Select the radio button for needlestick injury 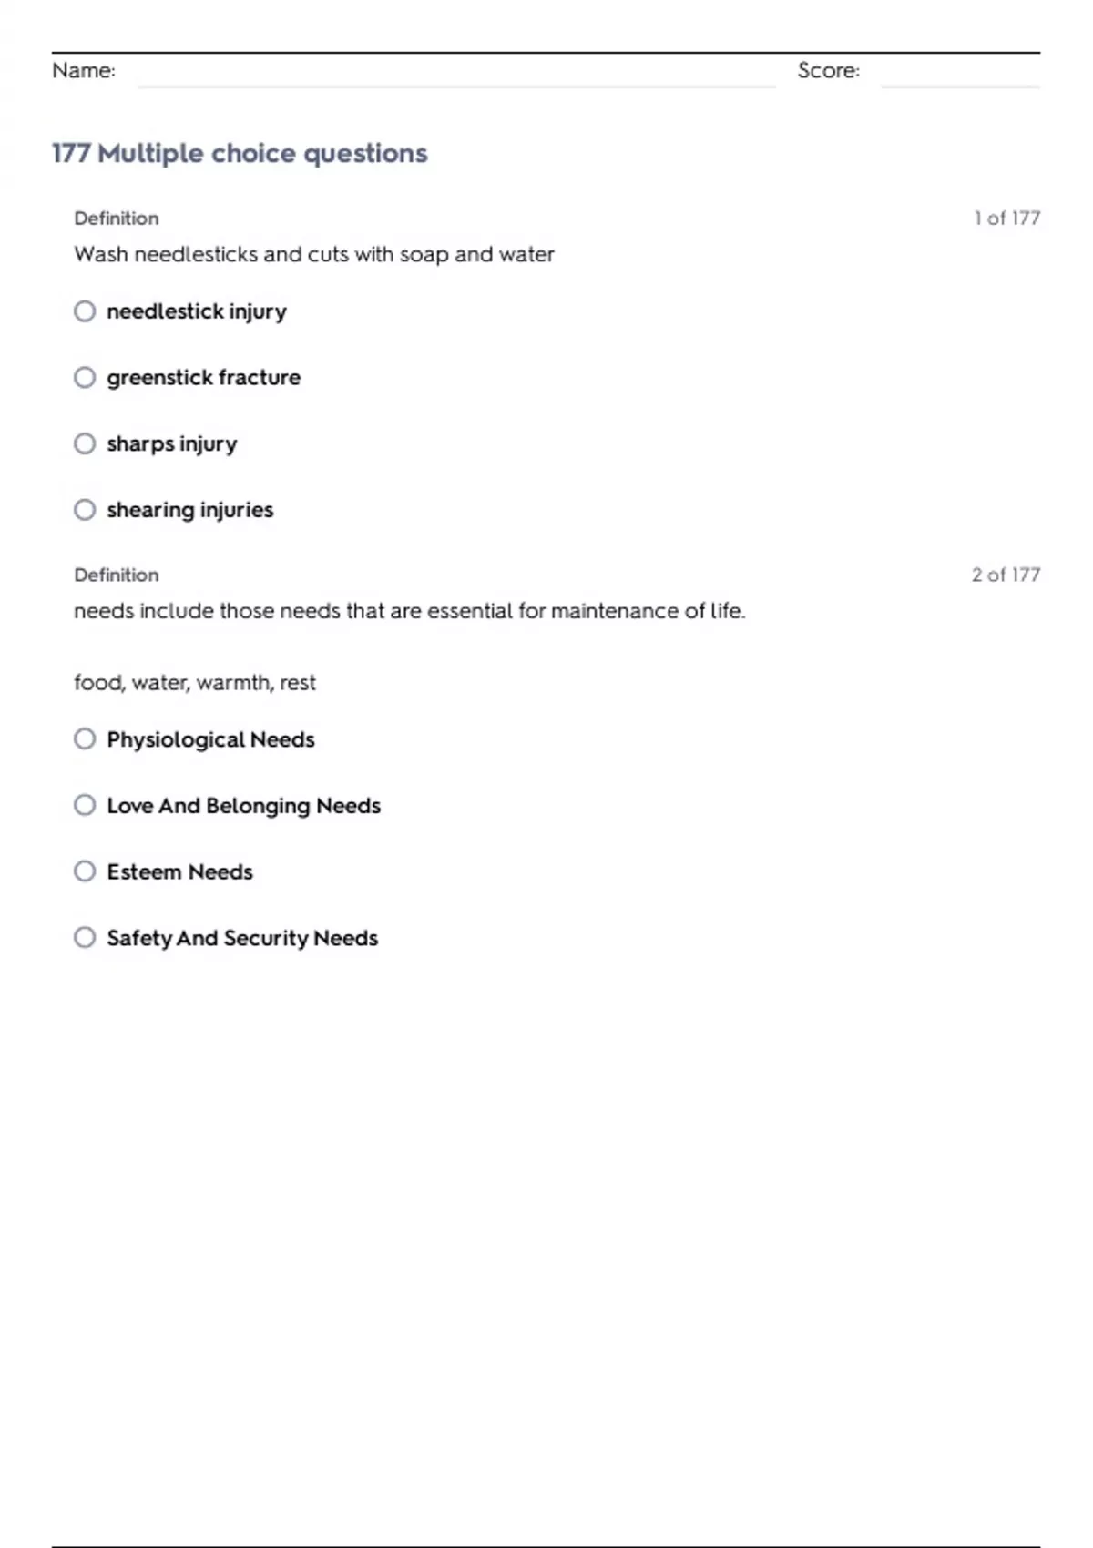pyautogui.click(x=85, y=311)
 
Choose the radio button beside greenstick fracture pyautogui.click(x=85, y=377)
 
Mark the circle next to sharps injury pyautogui.click(x=85, y=443)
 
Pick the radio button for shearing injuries pyautogui.click(x=85, y=510)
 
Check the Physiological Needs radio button pyautogui.click(x=85, y=738)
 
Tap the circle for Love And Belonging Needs pyautogui.click(x=85, y=805)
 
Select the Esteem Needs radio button pyautogui.click(x=85, y=871)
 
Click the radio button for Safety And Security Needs pyautogui.click(x=85, y=937)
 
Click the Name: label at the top pyautogui.click(x=84, y=71)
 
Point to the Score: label pyautogui.click(x=828, y=71)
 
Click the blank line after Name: pyautogui.click(x=455, y=82)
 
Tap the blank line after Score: pyautogui.click(x=960, y=82)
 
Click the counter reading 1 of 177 pyautogui.click(x=1006, y=219)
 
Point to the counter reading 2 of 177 pyautogui.click(x=1006, y=575)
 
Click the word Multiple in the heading pyautogui.click(x=150, y=153)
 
